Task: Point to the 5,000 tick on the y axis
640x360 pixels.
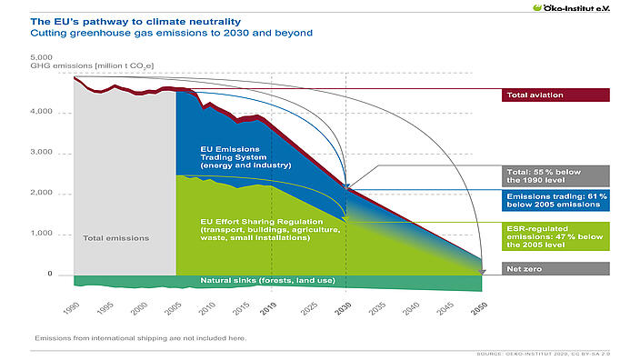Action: point(42,57)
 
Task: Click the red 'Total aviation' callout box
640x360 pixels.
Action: point(555,95)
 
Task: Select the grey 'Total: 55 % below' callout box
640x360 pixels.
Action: point(555,175)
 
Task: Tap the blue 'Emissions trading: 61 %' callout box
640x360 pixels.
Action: point(555,200)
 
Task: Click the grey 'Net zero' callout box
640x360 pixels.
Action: point(555,268)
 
